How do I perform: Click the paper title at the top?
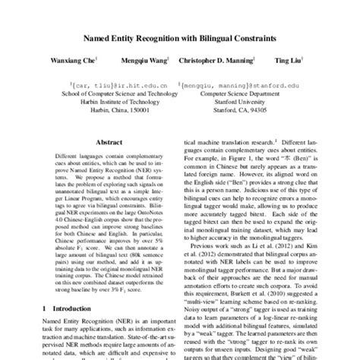(x=179, y=36)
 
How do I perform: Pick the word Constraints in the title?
(x=259, y=36)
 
